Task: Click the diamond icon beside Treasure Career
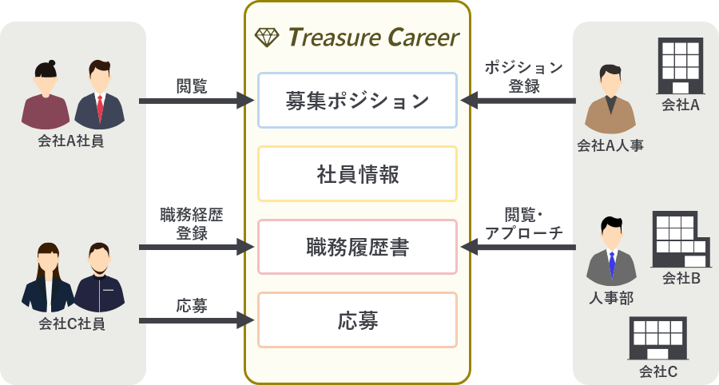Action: point(266,37)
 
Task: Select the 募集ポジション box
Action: point(357,101)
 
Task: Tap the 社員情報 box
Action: point(357,173)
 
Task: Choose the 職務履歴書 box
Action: point(357,247)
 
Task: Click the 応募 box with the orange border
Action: point(357,320)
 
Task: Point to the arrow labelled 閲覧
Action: point(196,101)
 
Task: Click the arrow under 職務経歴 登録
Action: point(196,248)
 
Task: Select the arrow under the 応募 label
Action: point(196,321)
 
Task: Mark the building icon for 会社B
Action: point(681,239)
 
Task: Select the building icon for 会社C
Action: point(658,336)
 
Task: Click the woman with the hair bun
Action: point(46,96)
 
